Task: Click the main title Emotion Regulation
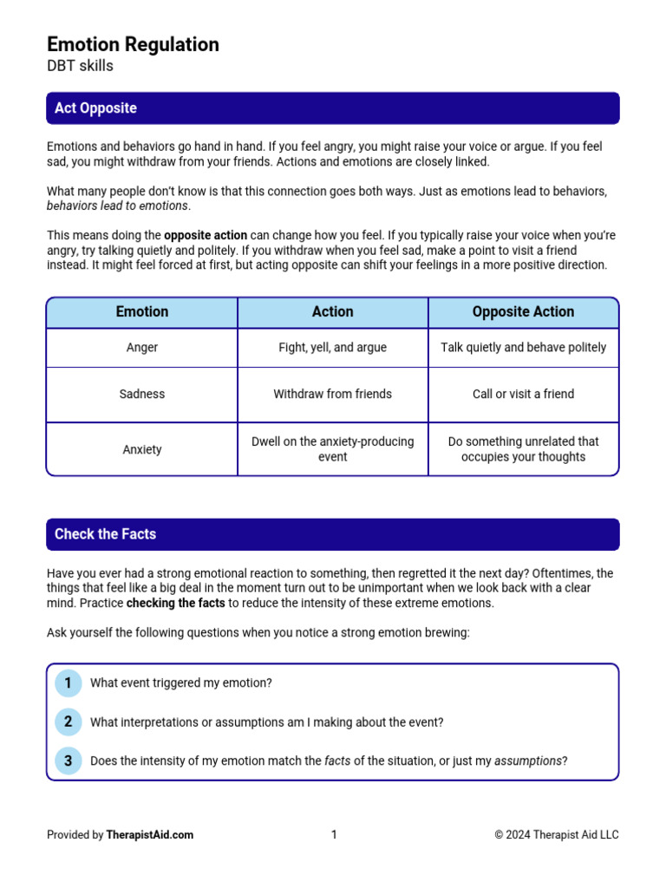click(133, 44)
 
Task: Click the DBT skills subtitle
click(80, 66)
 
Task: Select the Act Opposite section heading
click(95, 108)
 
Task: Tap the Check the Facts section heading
click(105, 534)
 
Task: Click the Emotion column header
click(142, 312)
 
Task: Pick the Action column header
click(332, 312)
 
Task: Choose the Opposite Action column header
click(523, 312)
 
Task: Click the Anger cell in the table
click(142, 348)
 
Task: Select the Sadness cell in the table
click(142, 395)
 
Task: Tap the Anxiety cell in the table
click(142, 450)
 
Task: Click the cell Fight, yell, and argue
click(332, 348)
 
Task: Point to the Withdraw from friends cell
click(332, 395)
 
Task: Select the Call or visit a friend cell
click(523, 395)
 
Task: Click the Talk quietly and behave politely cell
click(523, 348)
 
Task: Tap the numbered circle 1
click(68, 683)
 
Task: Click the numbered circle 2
click(68, 722)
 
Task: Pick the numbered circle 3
click(68, 761)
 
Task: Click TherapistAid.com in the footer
click(150, 835)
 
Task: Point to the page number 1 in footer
click(334, 835)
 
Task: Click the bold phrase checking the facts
click(176, 604)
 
